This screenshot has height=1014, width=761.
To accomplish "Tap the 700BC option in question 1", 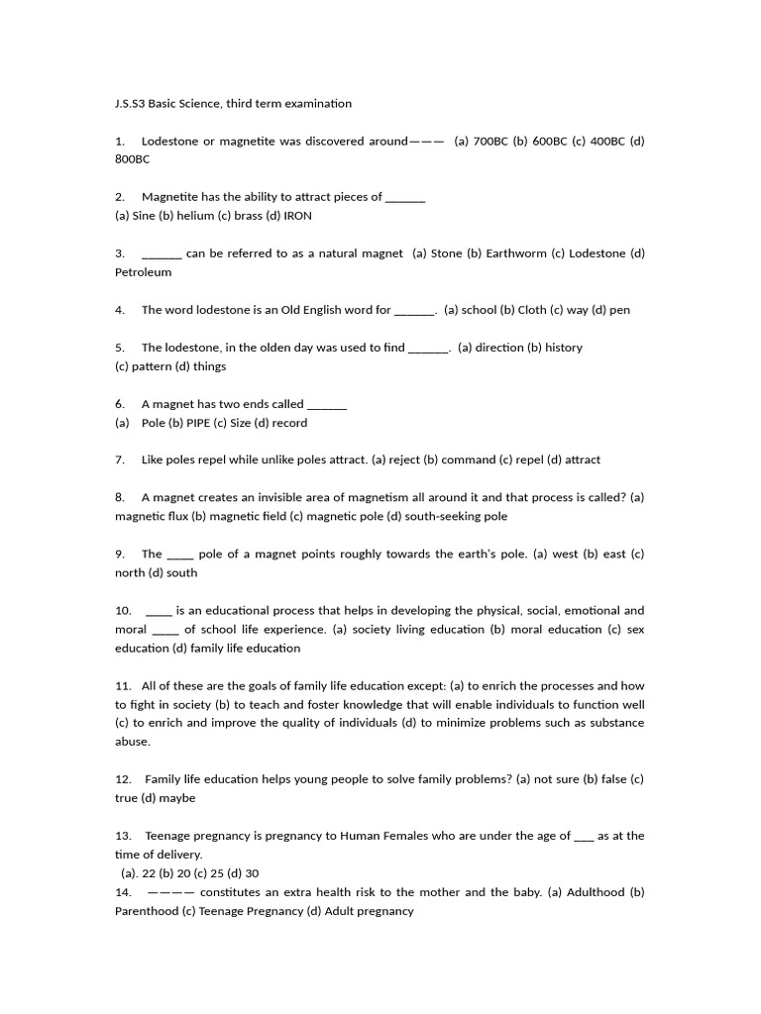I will [490, 141].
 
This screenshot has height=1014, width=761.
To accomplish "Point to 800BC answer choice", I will [133, 159].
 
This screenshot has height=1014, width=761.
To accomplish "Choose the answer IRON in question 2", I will [298, 216].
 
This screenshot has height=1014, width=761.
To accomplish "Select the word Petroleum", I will [144, 272].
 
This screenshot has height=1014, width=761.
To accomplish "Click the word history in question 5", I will [564, 348].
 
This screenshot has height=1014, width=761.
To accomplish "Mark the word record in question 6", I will [288, 423].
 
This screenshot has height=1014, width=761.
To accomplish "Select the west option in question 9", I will [565, 554].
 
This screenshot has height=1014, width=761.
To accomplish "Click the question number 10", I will [123, 611].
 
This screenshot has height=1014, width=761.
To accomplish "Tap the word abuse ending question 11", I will [132, 742].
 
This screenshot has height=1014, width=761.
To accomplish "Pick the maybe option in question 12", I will [177, 798].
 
